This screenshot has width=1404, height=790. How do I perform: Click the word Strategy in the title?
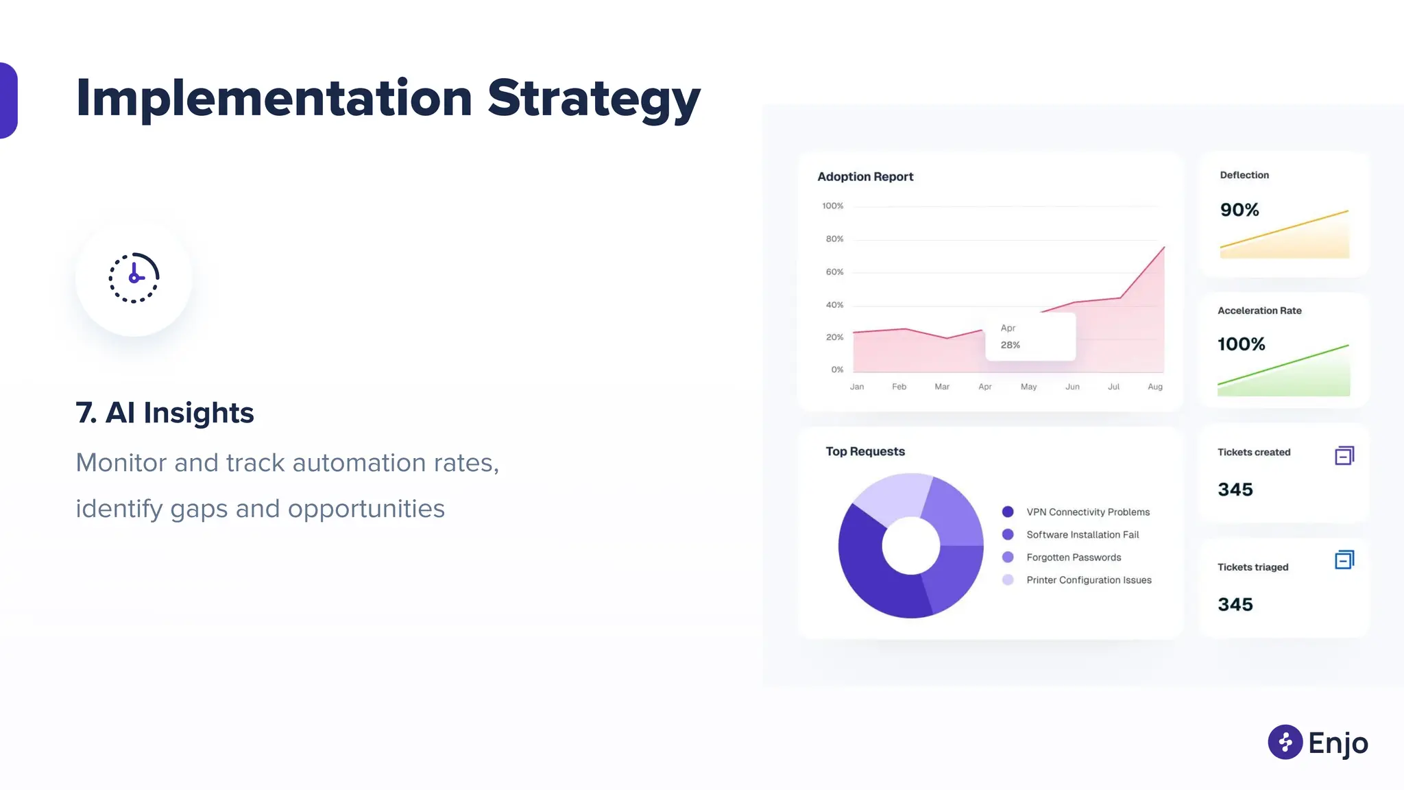click(594, 99)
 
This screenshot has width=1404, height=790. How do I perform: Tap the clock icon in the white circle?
click(134, 278)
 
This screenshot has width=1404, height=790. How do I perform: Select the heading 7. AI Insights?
click(165, 413)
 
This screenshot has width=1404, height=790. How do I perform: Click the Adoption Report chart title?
click(865, 177)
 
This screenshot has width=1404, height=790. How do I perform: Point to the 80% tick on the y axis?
click(834, 239)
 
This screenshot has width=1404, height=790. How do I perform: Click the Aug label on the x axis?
click(1155, 387)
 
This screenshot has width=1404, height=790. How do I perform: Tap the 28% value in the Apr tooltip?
click(1010, 345)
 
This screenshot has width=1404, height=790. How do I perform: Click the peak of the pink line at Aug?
click(1163, 248)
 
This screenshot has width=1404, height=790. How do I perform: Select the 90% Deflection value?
click(1239, 210)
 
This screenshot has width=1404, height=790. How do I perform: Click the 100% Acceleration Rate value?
click(1242, 344)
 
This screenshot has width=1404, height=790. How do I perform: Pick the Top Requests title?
click(865, 451)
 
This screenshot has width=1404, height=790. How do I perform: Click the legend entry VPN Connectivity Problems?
click(1088, 512)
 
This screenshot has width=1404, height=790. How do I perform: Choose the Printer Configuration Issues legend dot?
click(1008, 580)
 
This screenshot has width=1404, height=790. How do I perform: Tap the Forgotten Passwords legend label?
click(1074, 558)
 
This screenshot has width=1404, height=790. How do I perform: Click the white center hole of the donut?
click(910, 546)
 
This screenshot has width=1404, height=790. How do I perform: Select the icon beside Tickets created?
click(1344, 456)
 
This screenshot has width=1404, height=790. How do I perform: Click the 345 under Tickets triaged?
click(1235, 605)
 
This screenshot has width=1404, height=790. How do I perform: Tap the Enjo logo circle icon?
click(1285, 742)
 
